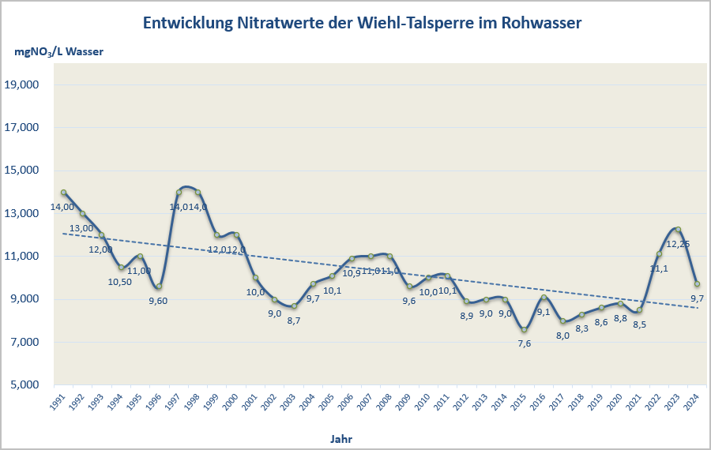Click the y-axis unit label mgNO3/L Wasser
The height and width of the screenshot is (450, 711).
coord(58,52)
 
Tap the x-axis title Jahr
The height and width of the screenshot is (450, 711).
coord(341,437)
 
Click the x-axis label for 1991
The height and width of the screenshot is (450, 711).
coord(58,401)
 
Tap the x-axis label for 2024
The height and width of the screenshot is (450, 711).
coord(691,401)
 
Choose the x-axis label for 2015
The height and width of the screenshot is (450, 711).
coord(518,401)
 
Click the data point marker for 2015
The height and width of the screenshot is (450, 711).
coord(524,329)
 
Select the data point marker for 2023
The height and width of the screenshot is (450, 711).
coord(678,230)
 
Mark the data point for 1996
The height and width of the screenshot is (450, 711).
coord(159,287)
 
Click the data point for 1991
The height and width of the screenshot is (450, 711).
coord(63,193)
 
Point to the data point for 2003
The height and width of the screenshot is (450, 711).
coord(294,306)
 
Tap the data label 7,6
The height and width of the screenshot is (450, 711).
coord(524,343)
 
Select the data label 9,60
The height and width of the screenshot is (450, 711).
coord(158,300)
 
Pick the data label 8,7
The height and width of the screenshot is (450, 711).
coord(293,321)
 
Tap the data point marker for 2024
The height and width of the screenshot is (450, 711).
coord(697,284)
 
